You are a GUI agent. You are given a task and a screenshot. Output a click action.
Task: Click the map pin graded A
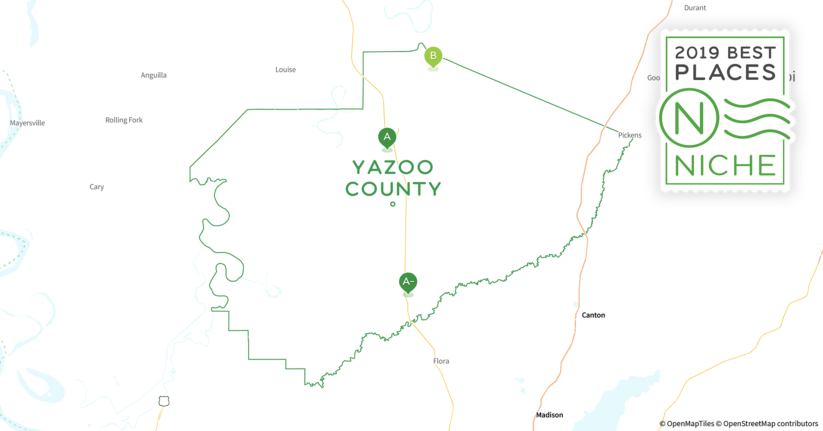[x=387, y=137]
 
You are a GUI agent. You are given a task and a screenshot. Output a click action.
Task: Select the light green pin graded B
[x=433, y=56]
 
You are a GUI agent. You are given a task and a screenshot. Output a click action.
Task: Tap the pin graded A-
[x=408, y=282]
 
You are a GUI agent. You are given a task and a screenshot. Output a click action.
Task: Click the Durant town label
[x=695, y=8]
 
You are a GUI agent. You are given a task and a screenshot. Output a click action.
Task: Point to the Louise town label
[x=285, y=69]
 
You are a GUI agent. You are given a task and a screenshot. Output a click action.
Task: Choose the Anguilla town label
[x=153, y=75]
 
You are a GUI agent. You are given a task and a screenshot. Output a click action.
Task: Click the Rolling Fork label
[x=124, y=120]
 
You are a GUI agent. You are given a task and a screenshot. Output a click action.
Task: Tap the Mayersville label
[x=27, y=123]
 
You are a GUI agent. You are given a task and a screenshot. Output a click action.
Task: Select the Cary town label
[x=97, y=187]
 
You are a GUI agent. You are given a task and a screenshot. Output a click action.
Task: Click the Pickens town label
[x=630, y=135]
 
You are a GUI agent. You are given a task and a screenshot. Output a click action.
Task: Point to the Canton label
[x=593, y=315]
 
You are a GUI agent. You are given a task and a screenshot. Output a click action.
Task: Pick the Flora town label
[x=441, y=361]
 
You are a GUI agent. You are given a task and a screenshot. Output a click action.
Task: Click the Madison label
[x=549, y=415]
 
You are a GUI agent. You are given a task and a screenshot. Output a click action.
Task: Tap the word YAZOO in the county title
[x=393, y=167]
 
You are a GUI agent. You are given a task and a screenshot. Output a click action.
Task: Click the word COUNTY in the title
[x=393, y=189]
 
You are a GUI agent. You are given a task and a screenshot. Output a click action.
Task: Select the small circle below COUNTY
[x=393, y=204]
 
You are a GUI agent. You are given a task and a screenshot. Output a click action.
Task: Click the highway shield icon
[x=164, y=401]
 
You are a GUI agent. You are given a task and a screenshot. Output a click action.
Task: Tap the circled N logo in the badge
[x=689, y=118]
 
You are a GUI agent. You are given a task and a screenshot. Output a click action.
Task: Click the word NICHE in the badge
[x=725, y=166]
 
